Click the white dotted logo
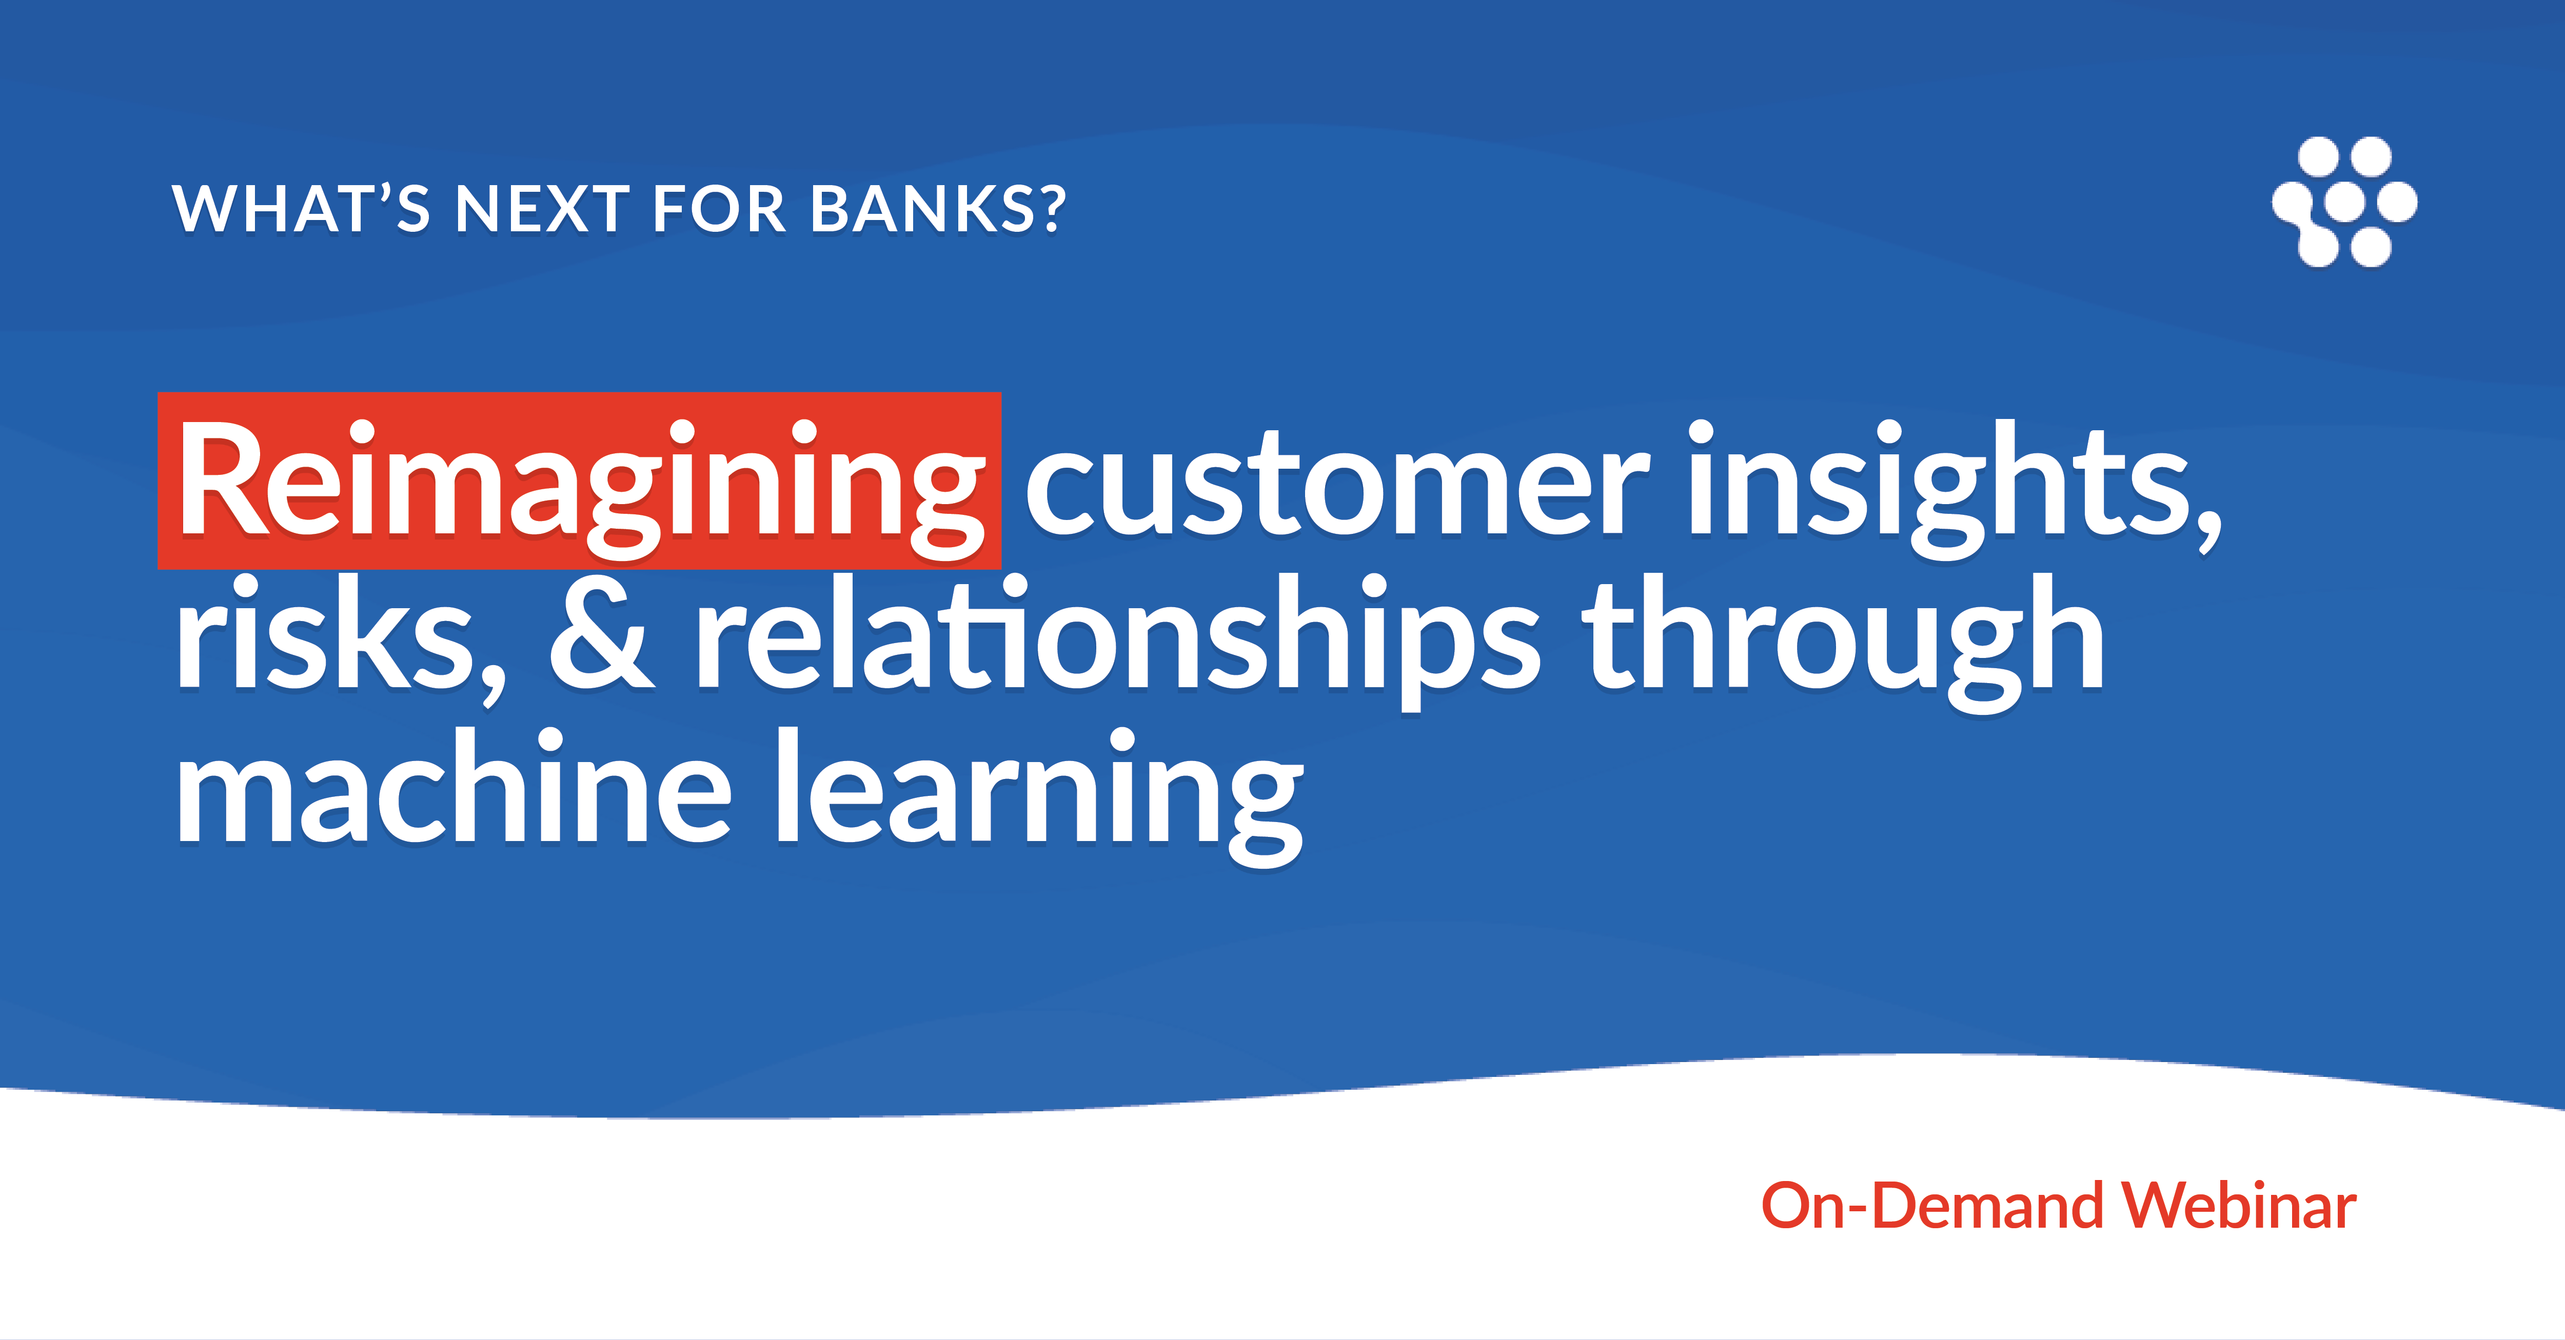[2344, 202]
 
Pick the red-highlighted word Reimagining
[580, 484]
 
